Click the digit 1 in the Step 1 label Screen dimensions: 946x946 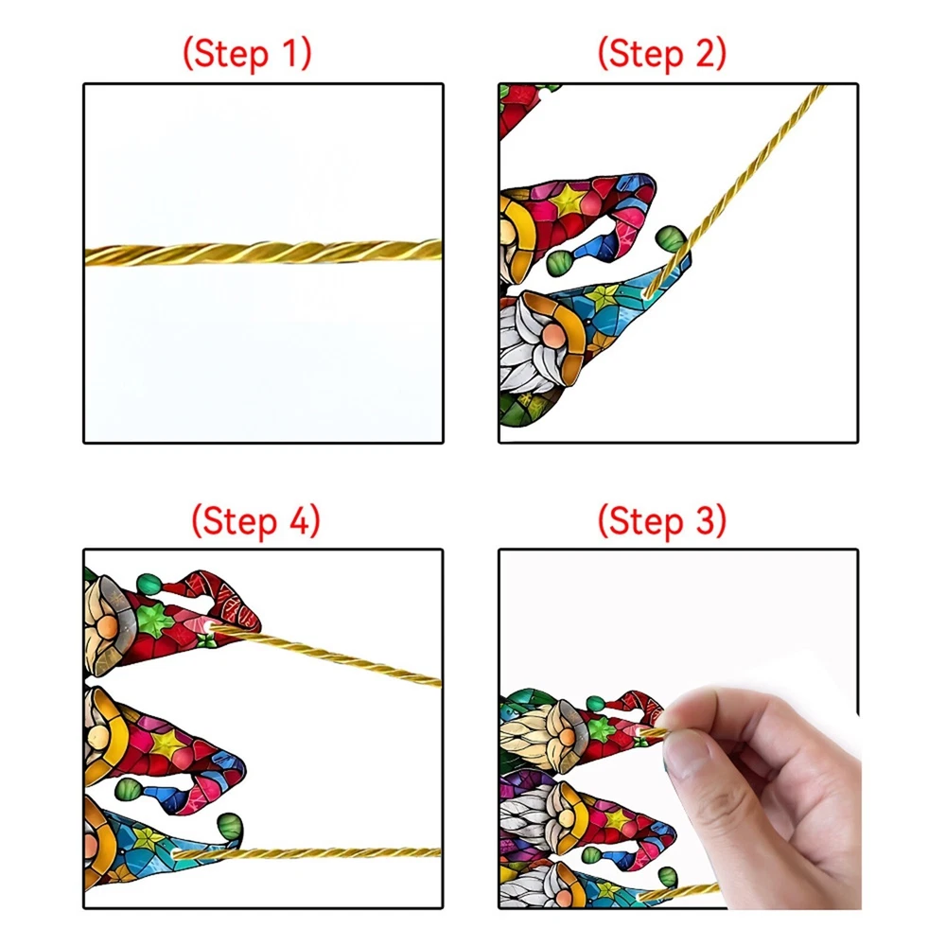click(x=289, y=53)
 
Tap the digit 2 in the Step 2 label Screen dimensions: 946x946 click(x=706, y=53)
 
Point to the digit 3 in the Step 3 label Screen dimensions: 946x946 click(x=706, y=520)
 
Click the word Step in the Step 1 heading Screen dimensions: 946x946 click(x=231, y=54)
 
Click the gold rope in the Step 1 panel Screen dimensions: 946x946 click(x=263, y=253)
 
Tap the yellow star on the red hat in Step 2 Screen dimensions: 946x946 click(x=566, y=201)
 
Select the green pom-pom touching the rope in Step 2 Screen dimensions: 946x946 click(x=670, y=238)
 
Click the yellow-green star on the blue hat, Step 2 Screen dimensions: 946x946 click(x=604, y=297)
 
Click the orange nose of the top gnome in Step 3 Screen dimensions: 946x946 click(x=567, y=737)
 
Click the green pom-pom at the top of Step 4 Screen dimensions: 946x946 click(x=149, y=584)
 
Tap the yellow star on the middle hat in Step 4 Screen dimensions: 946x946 click(x=164, y=745)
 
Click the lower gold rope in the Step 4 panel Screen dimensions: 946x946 click(x=307, y=853)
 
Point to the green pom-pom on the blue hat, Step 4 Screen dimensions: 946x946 click(x=229, y=825)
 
